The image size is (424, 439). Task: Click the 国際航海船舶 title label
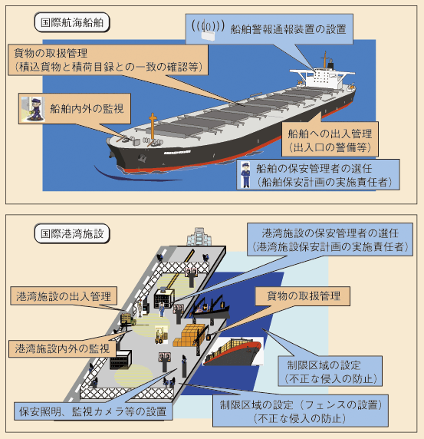72,22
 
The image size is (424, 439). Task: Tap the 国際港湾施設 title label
72,233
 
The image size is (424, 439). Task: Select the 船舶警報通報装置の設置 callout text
288,29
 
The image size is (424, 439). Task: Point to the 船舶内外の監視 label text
87,109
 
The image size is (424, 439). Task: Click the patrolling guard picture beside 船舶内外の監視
33,109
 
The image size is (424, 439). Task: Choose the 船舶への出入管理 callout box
330,139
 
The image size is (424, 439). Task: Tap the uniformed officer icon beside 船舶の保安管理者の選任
246,175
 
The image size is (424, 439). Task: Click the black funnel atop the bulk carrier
331,65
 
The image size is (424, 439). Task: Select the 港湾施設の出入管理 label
64,296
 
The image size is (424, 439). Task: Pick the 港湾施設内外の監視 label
62,348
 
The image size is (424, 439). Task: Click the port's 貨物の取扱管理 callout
302,296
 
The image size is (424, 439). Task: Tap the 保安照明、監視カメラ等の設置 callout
93,411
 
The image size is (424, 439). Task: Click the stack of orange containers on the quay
189,335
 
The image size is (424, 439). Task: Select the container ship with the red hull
232,352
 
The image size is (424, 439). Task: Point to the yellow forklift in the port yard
160,335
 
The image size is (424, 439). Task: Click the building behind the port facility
199,237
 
